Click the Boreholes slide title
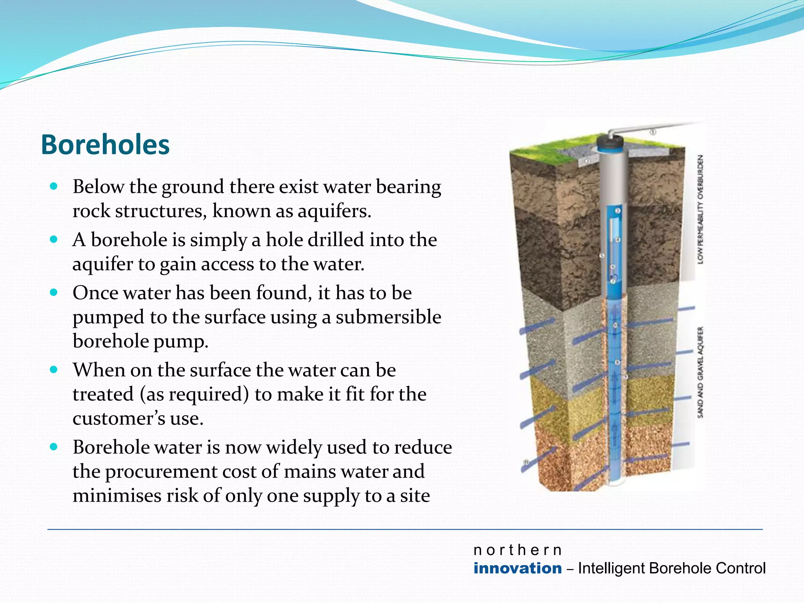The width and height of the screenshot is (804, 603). click(x=105, y=145)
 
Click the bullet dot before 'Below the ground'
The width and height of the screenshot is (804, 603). click(x=54, y=186)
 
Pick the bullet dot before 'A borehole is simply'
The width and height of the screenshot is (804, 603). click(x=54, y=239)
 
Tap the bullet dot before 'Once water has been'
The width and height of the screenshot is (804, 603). click(x=54, y=292)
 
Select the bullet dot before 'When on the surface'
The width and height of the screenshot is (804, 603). click(x=54, y=369)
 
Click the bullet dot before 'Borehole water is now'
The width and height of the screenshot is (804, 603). click(x=54, y=447)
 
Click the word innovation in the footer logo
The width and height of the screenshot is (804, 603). click(x=517, y=568)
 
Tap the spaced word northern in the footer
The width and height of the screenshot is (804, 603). click(x=517, y=550)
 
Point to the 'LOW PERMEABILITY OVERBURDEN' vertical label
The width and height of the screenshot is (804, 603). click(x=700, y=209)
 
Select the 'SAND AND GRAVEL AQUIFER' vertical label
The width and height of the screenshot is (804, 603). click(x=700, y=372)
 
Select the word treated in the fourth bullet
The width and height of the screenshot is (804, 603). click(x=103, y=394)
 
